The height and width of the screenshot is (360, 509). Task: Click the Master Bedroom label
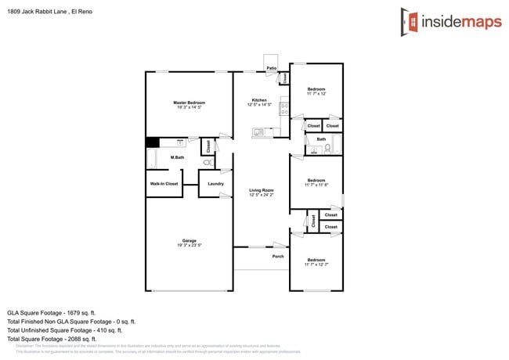tap(189, 103)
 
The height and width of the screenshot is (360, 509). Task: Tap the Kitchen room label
tap(259, 100)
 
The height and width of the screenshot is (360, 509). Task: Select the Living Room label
tap(261, 190)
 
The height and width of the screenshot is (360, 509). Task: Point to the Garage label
tap(189, 240)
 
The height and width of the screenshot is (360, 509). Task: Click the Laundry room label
tap(215, 184)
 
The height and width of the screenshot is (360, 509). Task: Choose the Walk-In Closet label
tap(164, 184)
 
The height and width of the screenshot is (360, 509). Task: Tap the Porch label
tap(278, 256)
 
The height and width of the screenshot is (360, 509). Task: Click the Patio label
tap(272, 68)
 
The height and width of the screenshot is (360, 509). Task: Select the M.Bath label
tap(177, 158)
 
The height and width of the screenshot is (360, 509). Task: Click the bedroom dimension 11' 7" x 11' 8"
tap(316, 185)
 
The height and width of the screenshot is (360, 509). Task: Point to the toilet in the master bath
tap(207, 162)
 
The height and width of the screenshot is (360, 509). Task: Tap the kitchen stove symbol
tap(283, 109)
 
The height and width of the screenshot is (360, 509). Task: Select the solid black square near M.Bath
tap(153, 142)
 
